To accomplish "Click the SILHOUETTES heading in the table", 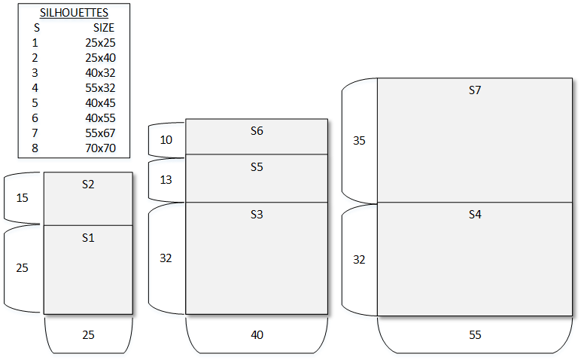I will click(74, 13).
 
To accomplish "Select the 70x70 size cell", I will click(100, 148).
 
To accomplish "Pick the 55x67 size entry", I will click(100, 133).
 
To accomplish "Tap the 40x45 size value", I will click(100, 102).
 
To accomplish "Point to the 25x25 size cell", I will click(100, 43).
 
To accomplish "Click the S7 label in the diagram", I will click(474, 90).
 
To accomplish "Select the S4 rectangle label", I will click(474, 215).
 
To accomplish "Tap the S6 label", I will click(257, 131).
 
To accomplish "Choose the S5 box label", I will click(257, 167).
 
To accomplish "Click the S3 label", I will click(257, 215).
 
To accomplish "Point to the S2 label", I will click(88, 184).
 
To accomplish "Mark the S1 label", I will click(88, 238).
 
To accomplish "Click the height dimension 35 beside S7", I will click(359, 140).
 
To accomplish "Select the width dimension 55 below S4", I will click(474, 335).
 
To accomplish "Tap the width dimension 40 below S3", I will click(257, 335).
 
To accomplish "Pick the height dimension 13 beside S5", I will click(166, 180).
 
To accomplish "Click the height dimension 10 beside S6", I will click(166, 139).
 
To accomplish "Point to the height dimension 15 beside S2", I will click(22, 198).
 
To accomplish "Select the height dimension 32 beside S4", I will click(359, 260).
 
